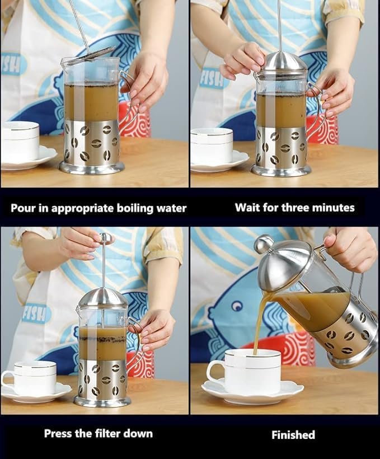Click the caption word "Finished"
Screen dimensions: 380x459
tap(293, 435)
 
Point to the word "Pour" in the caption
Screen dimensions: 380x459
tap(21, 208)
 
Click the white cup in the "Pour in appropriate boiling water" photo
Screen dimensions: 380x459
tap(20, 142)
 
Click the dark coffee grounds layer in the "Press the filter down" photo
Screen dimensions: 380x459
tap(102, 339)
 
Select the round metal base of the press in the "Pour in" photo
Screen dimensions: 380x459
tap(92, 168)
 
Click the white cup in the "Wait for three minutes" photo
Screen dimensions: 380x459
tap(212, 146)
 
